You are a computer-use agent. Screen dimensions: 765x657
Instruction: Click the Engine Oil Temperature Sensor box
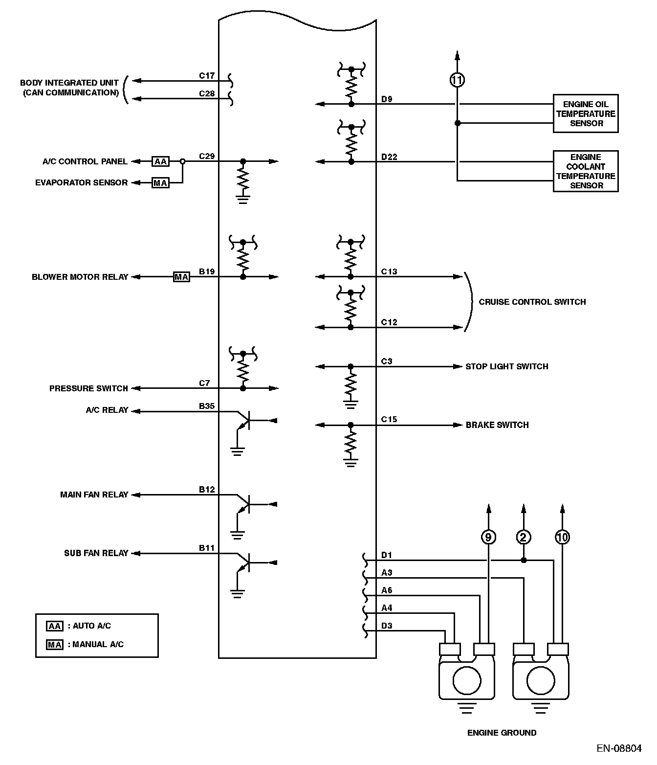pos(585,113)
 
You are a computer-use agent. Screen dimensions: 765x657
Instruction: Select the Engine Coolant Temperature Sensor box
pos(585,171)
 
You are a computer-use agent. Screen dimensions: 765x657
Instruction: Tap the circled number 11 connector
pos(457,80)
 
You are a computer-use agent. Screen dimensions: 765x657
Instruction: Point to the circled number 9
pos(488,538)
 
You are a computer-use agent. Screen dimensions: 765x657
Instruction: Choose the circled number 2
pos(523,538)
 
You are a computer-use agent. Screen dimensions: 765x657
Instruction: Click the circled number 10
pos(562,538)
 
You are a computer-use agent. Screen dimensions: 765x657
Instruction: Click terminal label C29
pos(207,157)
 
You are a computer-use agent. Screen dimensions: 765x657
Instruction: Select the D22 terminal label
pos(389,157)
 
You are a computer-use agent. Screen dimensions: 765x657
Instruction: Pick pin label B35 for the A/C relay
pos(207,406)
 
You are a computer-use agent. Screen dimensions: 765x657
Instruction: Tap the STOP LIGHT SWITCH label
pos(506,366)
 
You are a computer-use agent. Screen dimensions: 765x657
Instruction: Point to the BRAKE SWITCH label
pos(497,425)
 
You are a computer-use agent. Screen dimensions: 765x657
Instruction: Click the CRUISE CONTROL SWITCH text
pos(532,302)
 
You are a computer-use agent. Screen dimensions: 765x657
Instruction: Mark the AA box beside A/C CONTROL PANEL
pos(160,161)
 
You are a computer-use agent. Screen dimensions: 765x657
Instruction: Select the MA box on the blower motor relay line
pos(181,277)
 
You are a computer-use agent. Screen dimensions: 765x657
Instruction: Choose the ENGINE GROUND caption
pos(502,733)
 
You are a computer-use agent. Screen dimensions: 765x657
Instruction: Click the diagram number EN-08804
pos(618,749)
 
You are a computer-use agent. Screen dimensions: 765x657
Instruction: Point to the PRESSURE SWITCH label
pos(88,388)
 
